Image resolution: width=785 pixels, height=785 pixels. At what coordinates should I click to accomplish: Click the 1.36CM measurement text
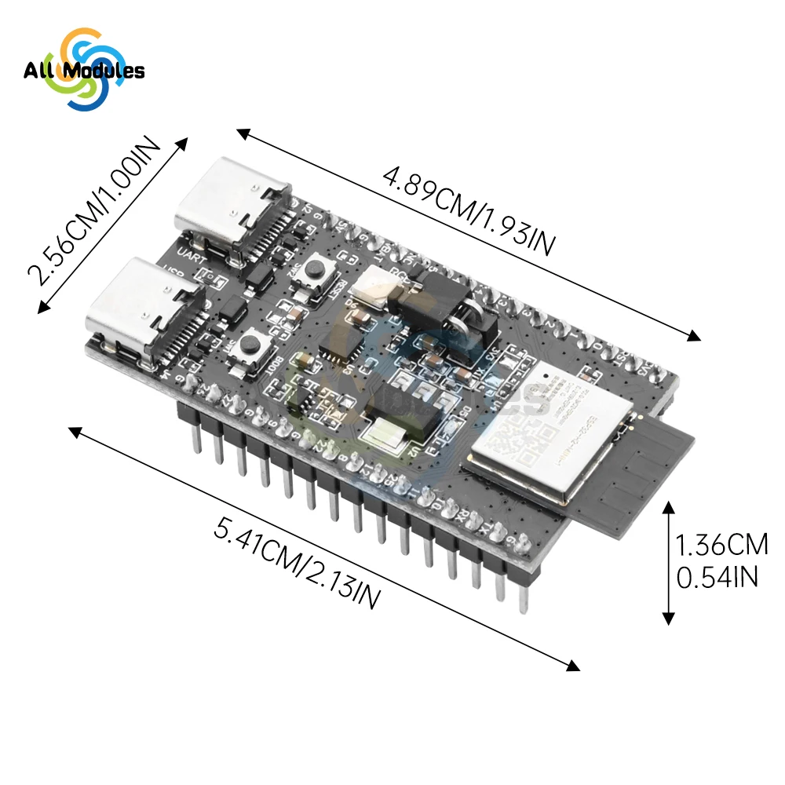(721, 544)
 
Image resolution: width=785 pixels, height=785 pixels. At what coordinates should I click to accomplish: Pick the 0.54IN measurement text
(716, 577)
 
